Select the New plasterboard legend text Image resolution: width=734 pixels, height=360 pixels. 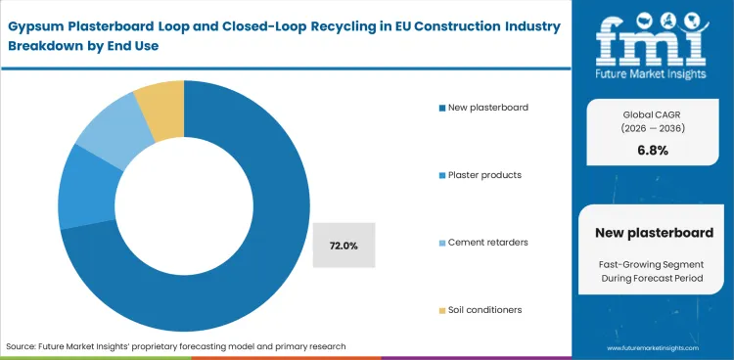coord(487,107)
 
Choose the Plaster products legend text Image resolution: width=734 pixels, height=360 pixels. coord(484,174)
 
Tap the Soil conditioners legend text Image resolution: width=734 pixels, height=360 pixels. coord(485,309)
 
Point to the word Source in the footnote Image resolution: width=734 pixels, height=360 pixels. coord(23,346)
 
